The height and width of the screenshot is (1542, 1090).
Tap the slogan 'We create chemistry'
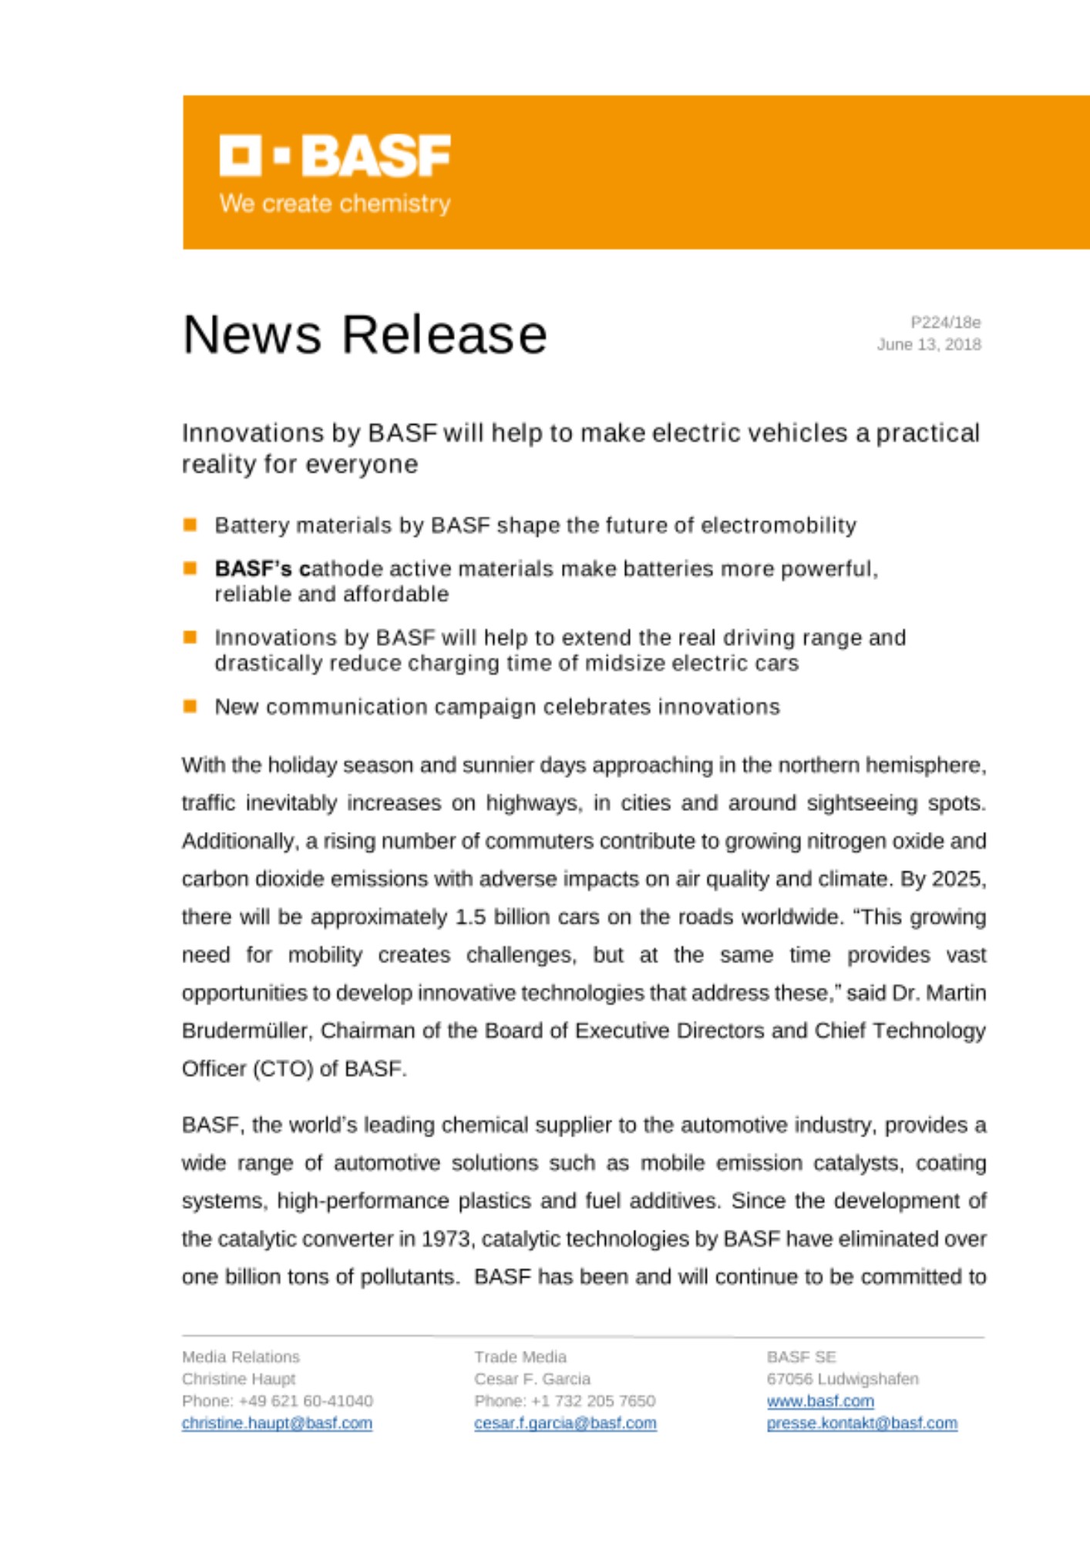[335, 204]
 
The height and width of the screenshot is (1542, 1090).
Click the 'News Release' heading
[365, 335]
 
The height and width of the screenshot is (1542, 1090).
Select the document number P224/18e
[945, 322]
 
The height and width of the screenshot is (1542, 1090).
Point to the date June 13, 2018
[928, 345]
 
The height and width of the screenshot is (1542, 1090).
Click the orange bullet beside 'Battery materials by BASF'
[190, 525]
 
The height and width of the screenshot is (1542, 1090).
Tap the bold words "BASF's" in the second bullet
[253, 569]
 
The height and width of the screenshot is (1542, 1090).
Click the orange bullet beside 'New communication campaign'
[190, 706]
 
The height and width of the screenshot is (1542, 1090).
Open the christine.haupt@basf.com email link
[277, 1422]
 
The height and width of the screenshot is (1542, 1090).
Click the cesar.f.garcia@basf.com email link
[565, 1422]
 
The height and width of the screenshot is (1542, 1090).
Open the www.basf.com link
[820, 1401]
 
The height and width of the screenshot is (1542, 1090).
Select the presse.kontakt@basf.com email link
[862, 1422]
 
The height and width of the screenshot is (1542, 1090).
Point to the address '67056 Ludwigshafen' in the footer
[843, 1379]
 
